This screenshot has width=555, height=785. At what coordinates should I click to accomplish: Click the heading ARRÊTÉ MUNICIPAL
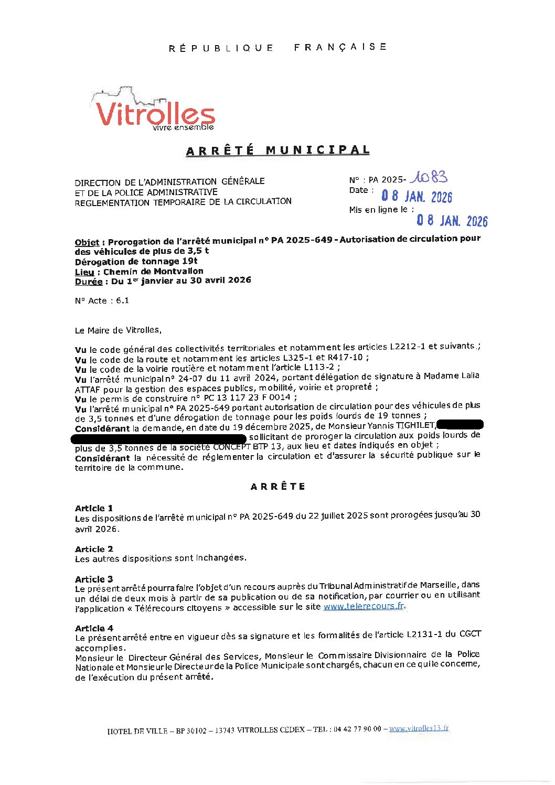click(277, 150)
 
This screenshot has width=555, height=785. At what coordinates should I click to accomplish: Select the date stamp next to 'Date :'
click(417, 196)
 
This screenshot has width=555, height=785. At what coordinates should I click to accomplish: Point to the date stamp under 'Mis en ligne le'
click(452, 220)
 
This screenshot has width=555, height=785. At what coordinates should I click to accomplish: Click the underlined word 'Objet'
click(87, 242)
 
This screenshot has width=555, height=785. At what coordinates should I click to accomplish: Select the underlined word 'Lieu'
click(84, 272)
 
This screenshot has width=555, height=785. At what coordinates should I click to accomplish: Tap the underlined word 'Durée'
click(89, 282)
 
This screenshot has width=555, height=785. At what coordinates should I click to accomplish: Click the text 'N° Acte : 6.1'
click(102, 300)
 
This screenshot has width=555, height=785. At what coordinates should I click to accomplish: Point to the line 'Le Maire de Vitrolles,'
click(119, 330)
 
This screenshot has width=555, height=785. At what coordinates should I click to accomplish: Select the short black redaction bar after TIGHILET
click(460, 425)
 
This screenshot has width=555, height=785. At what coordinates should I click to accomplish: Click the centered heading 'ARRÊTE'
click(277, 487)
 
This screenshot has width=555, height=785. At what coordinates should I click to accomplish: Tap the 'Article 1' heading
click(94, 508)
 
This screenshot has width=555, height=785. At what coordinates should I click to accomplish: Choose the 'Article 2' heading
click(94, 549)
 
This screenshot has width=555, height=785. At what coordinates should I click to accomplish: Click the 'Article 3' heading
click(94, 579)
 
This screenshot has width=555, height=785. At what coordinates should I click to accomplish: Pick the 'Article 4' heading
click(94, 628)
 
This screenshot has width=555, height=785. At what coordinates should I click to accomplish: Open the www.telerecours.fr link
click(364, 606)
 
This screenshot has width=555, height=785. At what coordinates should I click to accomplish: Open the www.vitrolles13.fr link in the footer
click(419, 728)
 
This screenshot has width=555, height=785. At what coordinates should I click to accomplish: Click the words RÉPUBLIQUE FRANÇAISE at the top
click(277, 48)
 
